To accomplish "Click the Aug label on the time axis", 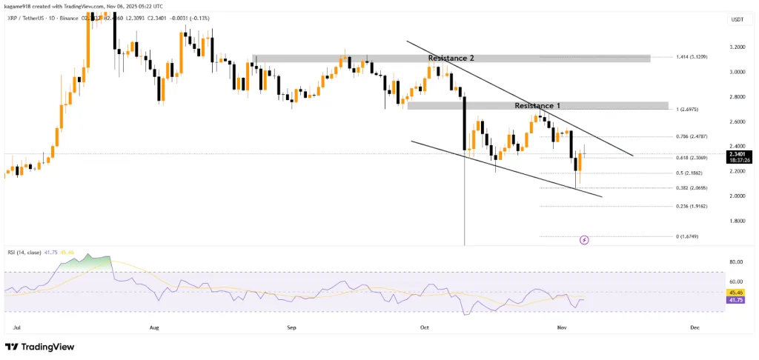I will point(154,327).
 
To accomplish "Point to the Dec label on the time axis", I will point(695,327).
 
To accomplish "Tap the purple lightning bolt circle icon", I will point(584,240).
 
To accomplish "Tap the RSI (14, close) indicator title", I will point(25,252).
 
